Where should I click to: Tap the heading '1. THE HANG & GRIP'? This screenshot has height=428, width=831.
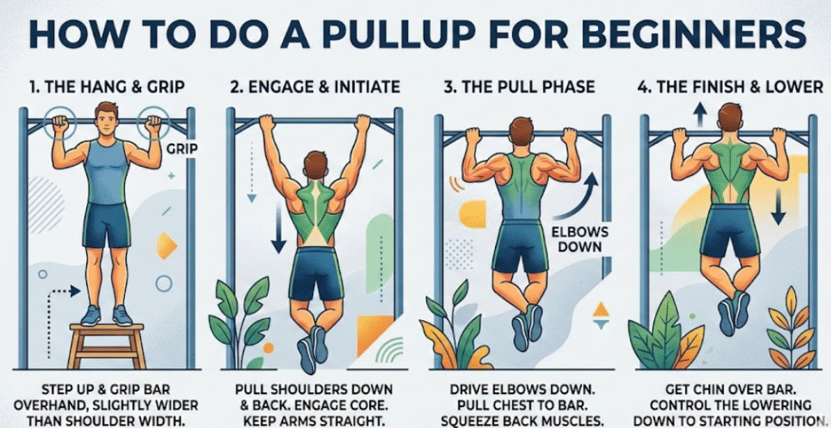tap(107, 87)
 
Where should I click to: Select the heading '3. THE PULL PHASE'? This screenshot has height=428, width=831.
tap(519, 87)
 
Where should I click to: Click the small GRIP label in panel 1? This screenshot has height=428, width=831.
tap(181, 149)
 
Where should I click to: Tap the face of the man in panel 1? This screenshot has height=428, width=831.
tap(108, 122)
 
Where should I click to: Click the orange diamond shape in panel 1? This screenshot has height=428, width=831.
tap(166, 246)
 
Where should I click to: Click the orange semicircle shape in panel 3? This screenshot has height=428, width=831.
tap(471, 214)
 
